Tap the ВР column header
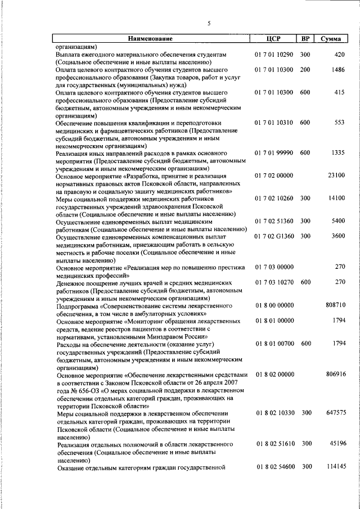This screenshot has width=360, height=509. coord(305,39)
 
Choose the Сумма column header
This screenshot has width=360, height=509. coord(329,39)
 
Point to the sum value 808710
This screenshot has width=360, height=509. coord(335,305)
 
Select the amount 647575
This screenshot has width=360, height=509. coord(335,413)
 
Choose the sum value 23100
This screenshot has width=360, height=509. coord(336,175)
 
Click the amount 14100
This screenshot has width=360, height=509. coord(336,199)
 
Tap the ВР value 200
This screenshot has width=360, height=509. coord(305,70)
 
